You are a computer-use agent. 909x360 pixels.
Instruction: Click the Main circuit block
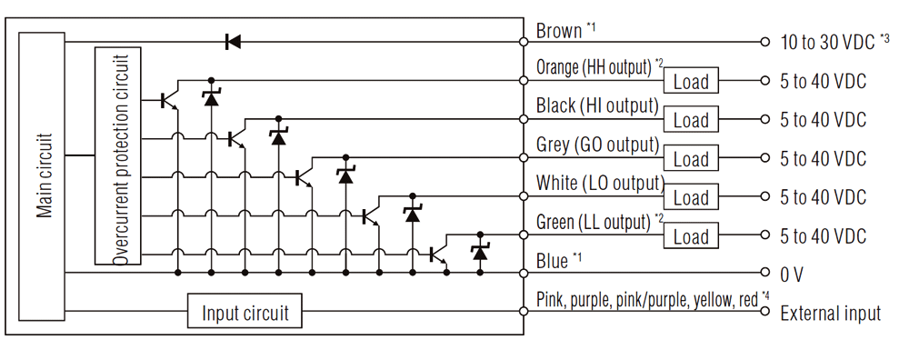[45, 175]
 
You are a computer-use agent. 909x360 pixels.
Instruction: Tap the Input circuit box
[245, 314]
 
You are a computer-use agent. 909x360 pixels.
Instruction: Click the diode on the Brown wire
[233, 42]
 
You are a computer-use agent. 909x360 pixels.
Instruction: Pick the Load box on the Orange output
[691, 82]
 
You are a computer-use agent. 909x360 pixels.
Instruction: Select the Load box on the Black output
[691, 120]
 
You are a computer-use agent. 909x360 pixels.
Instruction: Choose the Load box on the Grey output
[691, 159]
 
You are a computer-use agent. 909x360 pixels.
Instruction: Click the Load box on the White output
[691, 198]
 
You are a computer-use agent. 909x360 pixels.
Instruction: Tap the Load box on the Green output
[691, 237]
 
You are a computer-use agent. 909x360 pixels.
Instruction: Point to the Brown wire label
[558, 31]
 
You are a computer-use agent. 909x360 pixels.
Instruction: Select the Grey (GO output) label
[597, 145]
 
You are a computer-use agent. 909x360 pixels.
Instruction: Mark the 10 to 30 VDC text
[826, 42]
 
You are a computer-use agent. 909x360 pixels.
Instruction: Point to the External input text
[830, 314]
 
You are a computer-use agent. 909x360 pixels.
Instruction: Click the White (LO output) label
[599, 183]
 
